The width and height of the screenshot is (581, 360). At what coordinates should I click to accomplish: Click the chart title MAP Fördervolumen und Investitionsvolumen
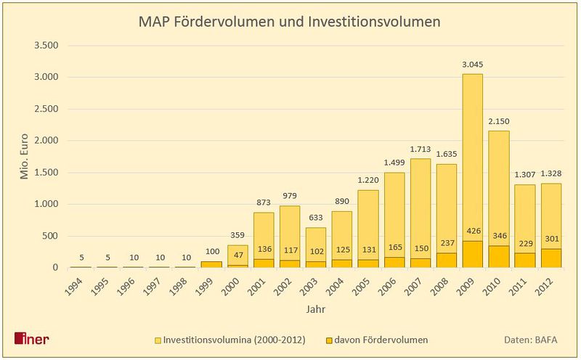click(289, 22)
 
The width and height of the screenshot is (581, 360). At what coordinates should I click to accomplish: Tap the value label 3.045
click(472, 65)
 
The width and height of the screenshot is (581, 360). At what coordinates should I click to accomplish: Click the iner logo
click(32, 339)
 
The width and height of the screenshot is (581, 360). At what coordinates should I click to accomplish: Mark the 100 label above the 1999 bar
click(213, 252)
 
